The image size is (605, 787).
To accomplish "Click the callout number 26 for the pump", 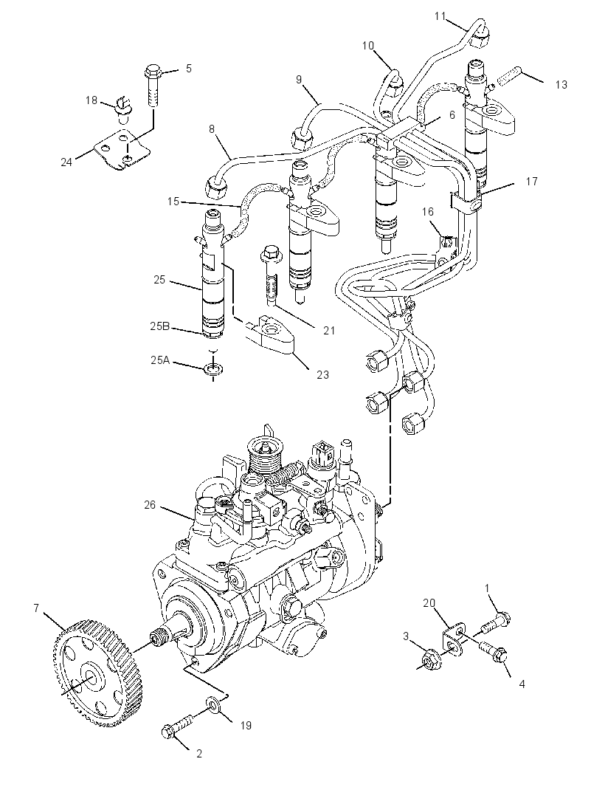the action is (150, 505).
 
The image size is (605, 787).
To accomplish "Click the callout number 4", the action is (522, 684).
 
